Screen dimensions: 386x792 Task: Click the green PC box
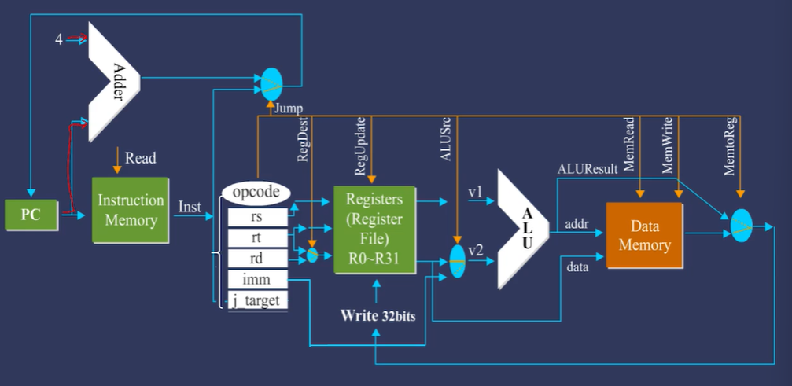point(31,215)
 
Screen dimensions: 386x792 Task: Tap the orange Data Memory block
point(644,234)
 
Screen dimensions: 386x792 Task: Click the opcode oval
point(256,192)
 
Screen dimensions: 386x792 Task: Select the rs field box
point(256,216)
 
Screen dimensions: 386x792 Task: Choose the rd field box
point(256,258)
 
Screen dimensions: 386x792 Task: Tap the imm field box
point(256,279)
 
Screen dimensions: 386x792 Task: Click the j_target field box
point(256,300)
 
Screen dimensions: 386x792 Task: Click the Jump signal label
point(289,108)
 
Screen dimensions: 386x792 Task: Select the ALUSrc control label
point(444,145)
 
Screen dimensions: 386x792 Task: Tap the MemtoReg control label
point(730,153)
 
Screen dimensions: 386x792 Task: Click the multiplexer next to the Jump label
point(271,83)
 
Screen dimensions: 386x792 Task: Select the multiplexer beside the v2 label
point(457,260)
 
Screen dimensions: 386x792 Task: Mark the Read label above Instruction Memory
point(140,158)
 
